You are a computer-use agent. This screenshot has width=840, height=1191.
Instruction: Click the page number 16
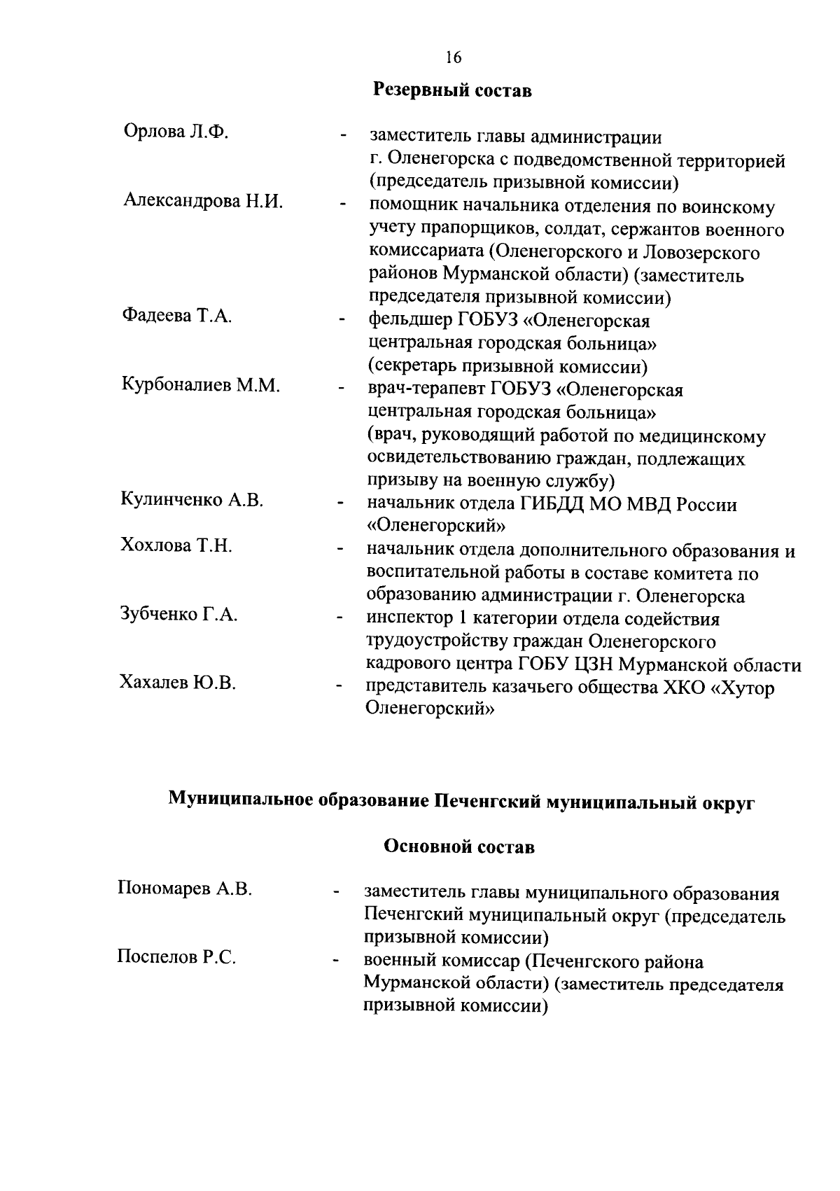coord(453,57)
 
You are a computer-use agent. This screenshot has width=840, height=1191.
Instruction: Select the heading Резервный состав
coord(452,90)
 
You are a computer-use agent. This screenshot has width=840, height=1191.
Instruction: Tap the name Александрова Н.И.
coord(203,202)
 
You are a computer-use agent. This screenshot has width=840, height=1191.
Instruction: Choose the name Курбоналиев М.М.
coord(201,384)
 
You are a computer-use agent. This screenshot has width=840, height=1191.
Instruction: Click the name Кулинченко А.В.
coord(192,500)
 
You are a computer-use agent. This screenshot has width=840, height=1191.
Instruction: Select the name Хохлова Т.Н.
coord(177,545)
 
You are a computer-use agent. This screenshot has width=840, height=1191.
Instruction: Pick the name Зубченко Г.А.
coord(179,615)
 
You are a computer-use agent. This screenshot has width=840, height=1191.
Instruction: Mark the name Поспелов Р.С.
coord(176,957)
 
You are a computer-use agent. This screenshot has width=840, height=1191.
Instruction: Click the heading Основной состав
coord(460,847)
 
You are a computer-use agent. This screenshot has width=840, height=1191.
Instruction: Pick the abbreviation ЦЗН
coord(597,664)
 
